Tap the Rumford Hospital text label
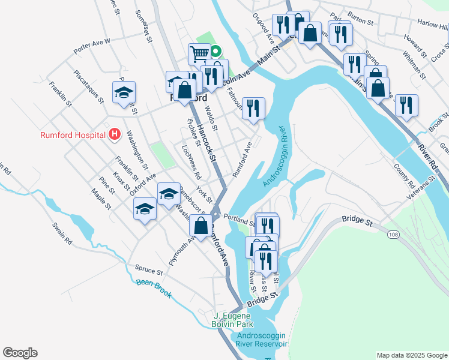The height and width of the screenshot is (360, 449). coord(73,135)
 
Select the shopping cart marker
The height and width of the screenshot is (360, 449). coord(199,55)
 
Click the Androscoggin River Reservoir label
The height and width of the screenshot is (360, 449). coord(262,340)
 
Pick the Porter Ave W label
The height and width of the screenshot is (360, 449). coord(92,45)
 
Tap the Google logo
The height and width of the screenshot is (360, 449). coord(20,353)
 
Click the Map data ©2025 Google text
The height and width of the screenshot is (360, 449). coord(411,355)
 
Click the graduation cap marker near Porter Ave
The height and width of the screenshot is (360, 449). coord(124,93)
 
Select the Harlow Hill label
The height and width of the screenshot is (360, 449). coord(433,25)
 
